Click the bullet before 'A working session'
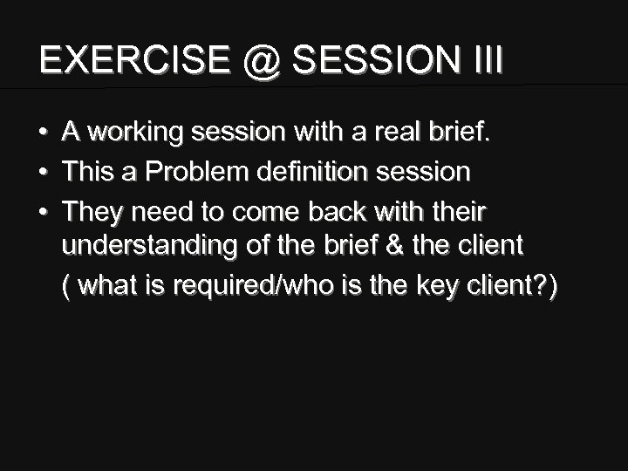pyautogui.click(x=43, y=133)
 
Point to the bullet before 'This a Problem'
pyautogui.click(x=43, y=172)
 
